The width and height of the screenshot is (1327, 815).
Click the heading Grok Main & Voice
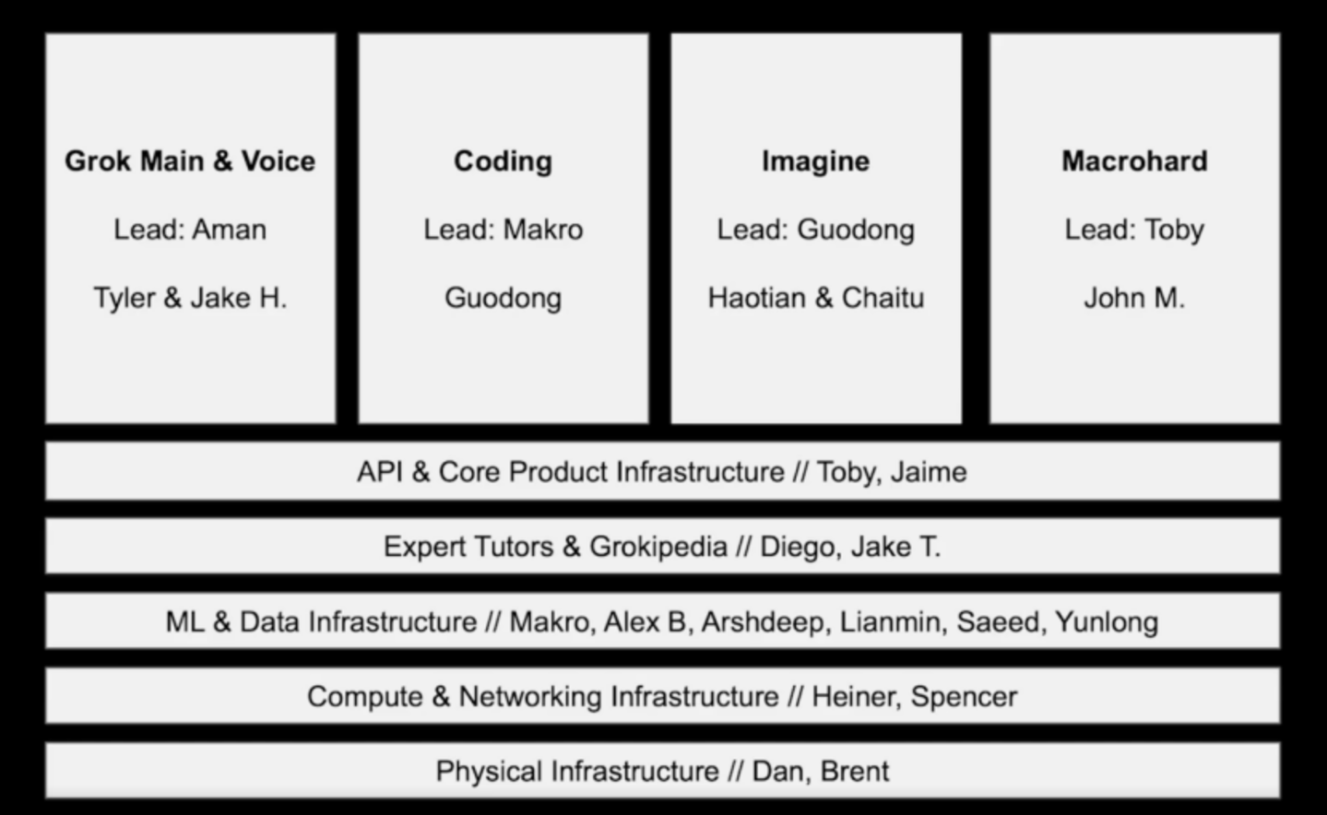tap(190, 161)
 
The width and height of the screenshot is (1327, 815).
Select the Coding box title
tap(503, 162)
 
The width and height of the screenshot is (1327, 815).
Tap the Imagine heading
tap(816, 162)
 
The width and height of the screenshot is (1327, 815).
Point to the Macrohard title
tap(1134, 161)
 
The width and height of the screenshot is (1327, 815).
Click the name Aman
tap(230, 230)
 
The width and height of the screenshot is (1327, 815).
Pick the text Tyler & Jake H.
tap(190, 298)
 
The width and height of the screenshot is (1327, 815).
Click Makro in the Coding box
tap(543, 230)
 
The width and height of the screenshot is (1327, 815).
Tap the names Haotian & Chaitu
tap(816, 298)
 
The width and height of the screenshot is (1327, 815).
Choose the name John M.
tap(1134, 298)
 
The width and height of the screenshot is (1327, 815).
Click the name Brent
tap(855, 772)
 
